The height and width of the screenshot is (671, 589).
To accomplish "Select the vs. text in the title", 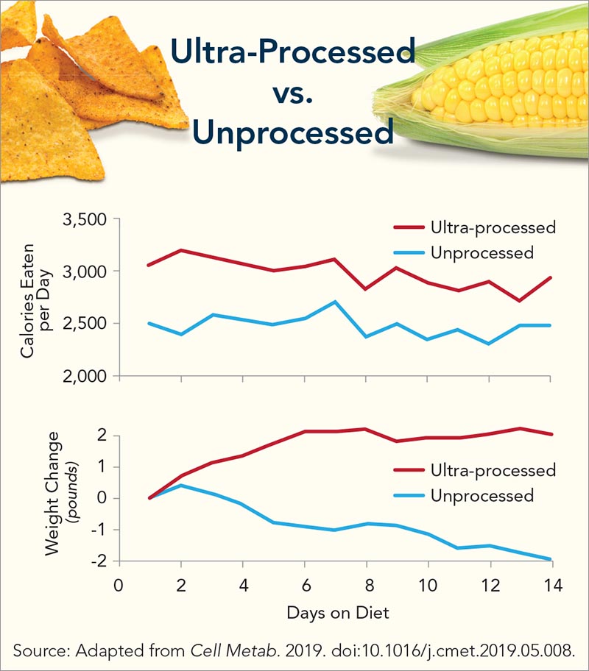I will (292, 93).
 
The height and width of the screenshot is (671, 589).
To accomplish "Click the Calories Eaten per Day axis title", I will (34, 298).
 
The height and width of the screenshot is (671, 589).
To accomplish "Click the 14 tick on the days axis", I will (550, 586).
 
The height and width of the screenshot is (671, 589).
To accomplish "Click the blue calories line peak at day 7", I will (334, 302).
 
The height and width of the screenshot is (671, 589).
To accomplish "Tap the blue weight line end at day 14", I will (550, 559).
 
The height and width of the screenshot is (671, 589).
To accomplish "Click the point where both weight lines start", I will (150, 498).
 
